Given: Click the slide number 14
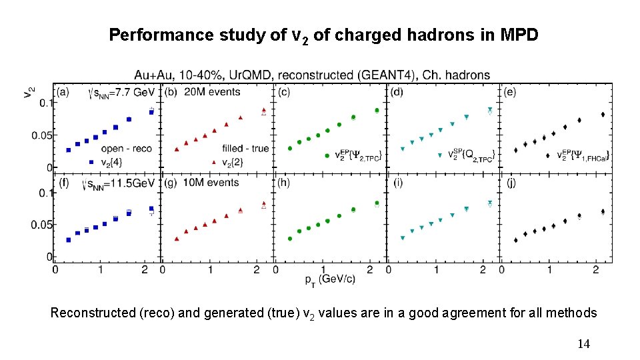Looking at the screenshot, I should coord(583,344).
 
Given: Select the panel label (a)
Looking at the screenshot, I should coord(65,91).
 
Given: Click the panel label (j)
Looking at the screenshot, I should coord(511,183).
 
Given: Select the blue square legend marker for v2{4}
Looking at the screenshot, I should coord(91,161).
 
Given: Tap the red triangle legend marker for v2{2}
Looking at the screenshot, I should coord(213,161).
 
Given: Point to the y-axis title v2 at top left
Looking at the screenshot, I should coord(28,95).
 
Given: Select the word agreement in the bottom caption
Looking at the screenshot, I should coord(443,313).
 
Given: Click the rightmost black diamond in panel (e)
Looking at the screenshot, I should coord(603,115).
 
